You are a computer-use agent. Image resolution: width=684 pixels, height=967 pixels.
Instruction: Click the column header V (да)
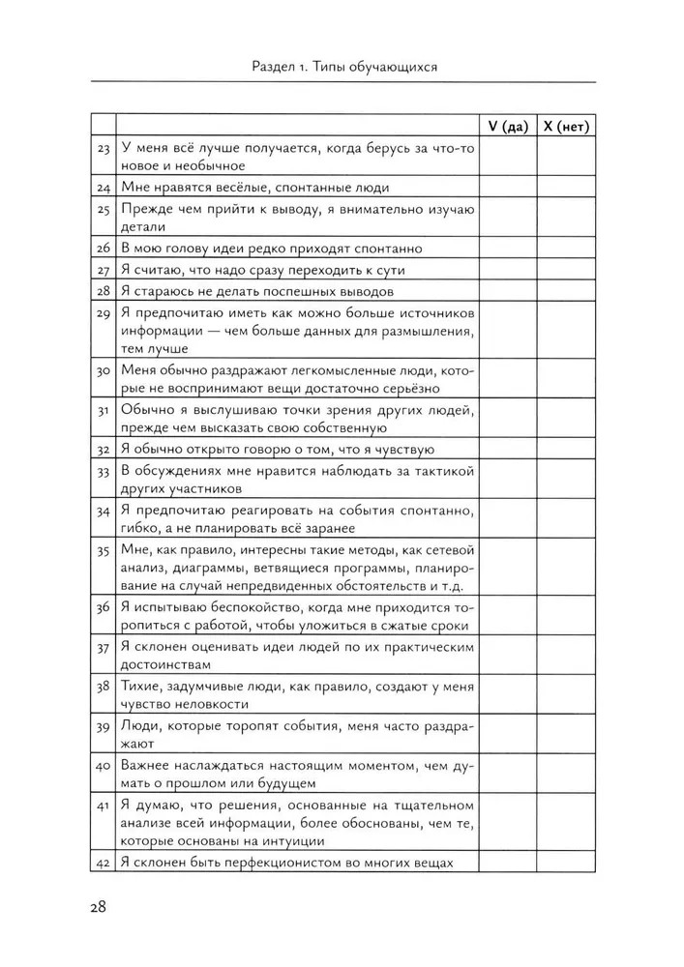pos(508,126)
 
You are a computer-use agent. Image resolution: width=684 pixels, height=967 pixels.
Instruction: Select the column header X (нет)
pos(566,126)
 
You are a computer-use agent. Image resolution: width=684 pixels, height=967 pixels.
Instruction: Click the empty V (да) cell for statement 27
pos(508,270)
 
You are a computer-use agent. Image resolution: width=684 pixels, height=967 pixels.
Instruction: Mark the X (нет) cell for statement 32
pos(566,448)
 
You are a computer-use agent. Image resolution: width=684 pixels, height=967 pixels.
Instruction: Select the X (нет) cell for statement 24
pos(566,188)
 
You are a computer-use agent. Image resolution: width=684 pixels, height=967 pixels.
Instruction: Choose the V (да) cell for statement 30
pos(508,379)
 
